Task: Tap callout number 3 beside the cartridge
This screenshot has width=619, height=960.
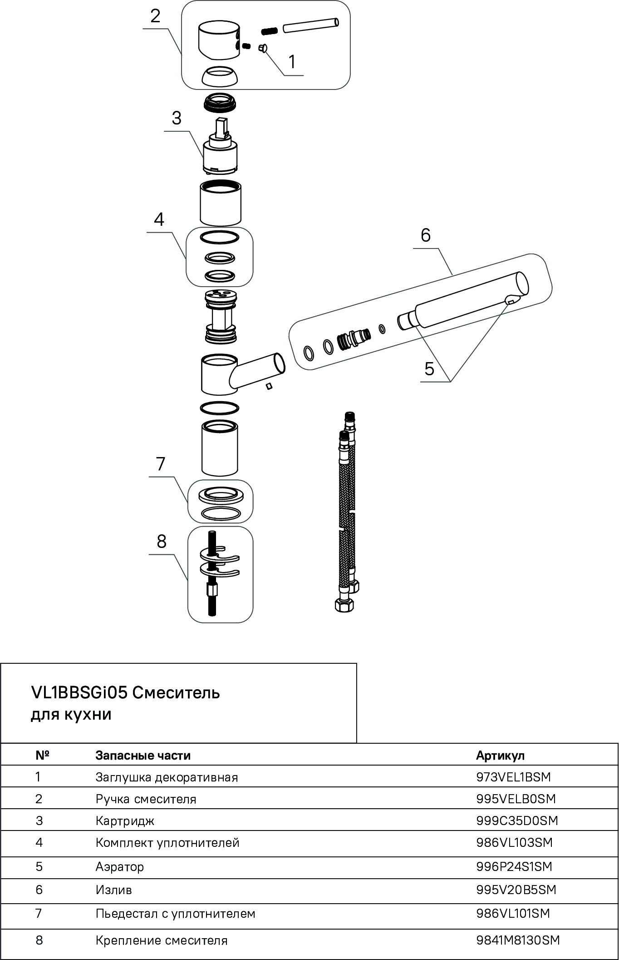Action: click(x=177, y=118)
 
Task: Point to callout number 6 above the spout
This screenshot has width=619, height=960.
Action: click(x=425, y=235)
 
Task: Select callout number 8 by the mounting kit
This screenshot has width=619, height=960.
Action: click(x=162, y=542)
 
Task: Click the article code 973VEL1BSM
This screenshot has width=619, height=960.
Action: click(x=513, y=777)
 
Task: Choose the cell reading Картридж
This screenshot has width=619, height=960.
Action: click(x=125, y=821)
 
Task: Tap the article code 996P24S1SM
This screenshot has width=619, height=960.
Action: click(x=514, y=866)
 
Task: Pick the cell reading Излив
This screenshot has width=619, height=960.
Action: click(x=113, y=890)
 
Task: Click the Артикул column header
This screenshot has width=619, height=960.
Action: click(x=500, y=755)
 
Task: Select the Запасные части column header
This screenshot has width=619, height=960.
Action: click(x=143, y=755)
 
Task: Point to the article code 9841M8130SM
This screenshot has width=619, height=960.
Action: click(x=518, y=940)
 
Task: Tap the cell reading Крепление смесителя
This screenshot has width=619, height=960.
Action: click(x=161, y=940)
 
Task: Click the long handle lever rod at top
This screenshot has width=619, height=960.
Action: click(x=310, y=25)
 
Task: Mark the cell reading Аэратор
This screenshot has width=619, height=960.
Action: click(x=119, y=866)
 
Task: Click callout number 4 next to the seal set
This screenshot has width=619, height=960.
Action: click(x=159, y=219)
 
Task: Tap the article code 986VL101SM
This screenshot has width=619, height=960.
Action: click(x=513, y=913)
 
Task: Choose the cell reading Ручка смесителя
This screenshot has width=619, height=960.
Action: click(x=146, y=799)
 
